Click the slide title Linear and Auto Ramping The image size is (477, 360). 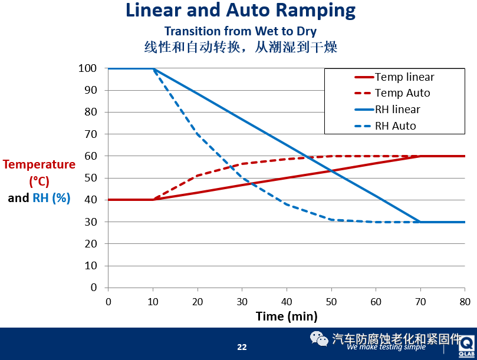[241, 10]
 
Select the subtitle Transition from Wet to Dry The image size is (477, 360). [241, 31]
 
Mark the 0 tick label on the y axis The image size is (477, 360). [93, 288]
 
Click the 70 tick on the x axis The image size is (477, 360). [420, 301]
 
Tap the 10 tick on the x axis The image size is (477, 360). [153, 301]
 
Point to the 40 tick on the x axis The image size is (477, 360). [287, 301]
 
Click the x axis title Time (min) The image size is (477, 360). [287, 316]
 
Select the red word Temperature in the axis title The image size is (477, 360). [40, 164]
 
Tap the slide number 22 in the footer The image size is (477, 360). [242, 347]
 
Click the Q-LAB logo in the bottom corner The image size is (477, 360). [468, 346]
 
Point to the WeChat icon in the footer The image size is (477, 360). [319, 339]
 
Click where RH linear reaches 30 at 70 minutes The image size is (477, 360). [420, 222]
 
